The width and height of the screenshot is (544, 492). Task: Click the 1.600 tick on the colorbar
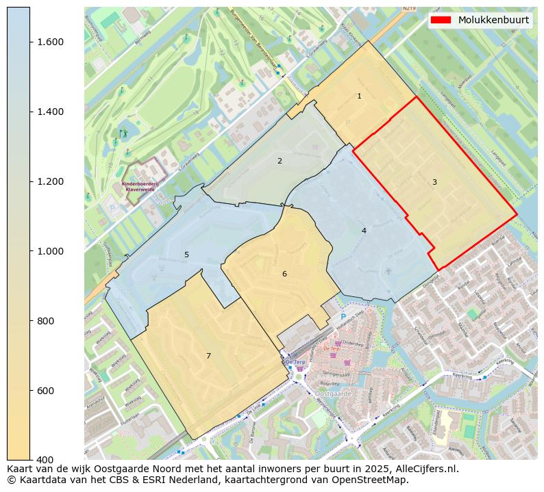coord(50,42)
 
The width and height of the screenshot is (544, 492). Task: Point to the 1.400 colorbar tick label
coord(50,112)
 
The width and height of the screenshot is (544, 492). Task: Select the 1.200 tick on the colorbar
coord(50,182)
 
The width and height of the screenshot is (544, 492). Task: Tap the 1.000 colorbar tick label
coord(50,252)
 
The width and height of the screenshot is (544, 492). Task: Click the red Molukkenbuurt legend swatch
coord(441,20)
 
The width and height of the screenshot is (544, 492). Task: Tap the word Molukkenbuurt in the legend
coord(493,20)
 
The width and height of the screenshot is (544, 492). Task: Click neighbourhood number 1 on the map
coord(359,96)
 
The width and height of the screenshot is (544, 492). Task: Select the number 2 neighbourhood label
coord(280,161)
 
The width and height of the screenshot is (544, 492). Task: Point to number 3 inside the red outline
coord(434,182)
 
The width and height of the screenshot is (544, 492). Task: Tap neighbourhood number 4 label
coord(364,231)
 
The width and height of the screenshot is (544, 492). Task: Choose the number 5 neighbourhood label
coord(186,255)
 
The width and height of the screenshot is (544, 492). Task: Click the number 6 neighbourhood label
coord(284,274)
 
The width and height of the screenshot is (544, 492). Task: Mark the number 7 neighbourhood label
coord(208,356)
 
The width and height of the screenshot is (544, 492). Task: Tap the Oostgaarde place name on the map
coord(334,393)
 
